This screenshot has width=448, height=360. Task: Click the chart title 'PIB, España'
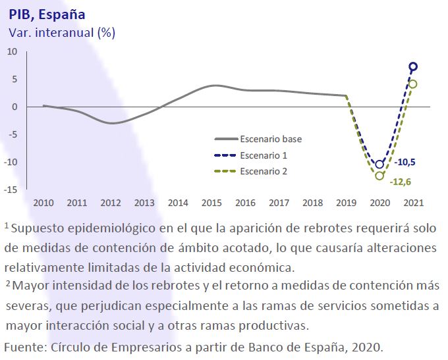tap(47, 14)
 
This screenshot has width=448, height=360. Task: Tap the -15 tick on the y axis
tap(11, 190)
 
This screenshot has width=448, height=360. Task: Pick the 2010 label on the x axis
tap(43, 203)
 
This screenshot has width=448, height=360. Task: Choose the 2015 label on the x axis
tap(211, 203)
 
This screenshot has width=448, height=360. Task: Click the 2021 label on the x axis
tap(413, 203)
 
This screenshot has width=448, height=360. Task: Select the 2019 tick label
tap(346, 203)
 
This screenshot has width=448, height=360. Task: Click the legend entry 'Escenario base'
tap(271, 139)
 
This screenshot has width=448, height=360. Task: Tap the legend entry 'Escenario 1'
tap(264, 155)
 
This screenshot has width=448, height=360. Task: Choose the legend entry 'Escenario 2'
tap(264, 171)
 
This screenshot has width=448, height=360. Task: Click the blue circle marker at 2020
tap(379, 165)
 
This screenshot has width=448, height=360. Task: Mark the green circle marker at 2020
tap(379, 176)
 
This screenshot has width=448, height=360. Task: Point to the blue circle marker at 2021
tap(413, 66)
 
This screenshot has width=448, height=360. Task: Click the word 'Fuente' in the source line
tap(22, 347)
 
